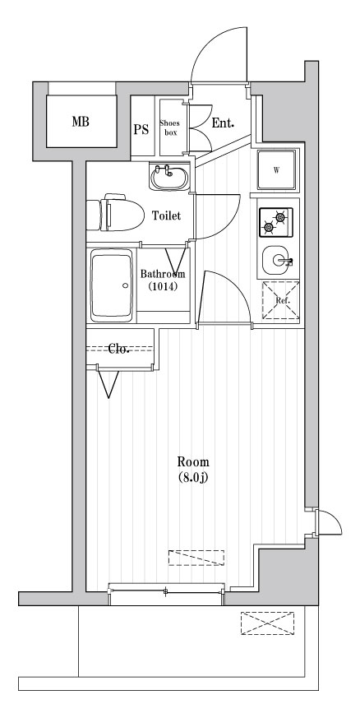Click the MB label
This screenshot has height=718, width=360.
80,123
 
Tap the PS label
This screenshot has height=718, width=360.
141,128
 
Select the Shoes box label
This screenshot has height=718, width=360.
170,127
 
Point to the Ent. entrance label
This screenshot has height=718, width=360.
223,124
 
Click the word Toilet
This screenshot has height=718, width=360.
167,216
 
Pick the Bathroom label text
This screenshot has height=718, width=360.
162,274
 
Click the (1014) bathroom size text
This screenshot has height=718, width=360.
162,288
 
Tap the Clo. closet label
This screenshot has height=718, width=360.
120,349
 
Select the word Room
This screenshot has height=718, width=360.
192,461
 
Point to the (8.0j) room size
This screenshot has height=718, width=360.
192,477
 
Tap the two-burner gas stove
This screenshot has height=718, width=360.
277,220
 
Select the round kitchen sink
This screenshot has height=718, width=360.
275,262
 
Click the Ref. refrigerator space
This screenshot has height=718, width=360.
280,300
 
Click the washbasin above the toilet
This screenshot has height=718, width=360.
169,176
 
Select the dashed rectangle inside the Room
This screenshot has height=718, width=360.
196,558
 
